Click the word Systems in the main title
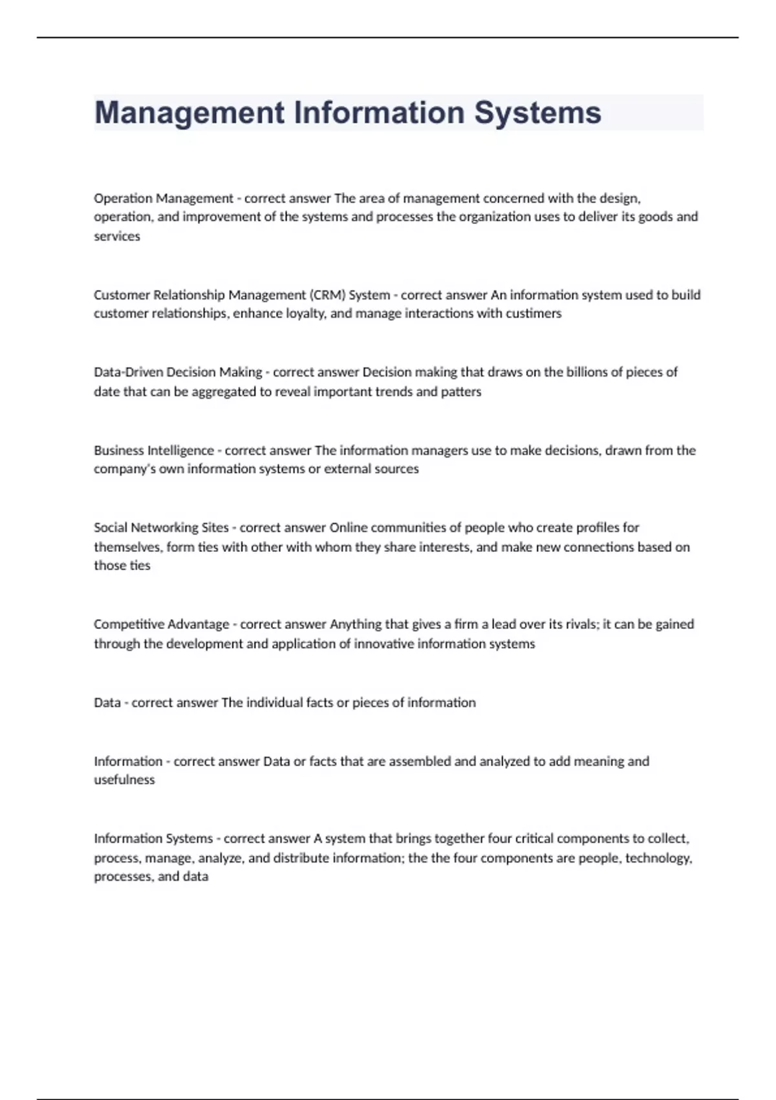(537, 113)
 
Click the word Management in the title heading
(189, 113)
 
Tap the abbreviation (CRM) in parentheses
(328, 295)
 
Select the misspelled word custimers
(533, 314)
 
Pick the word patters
(461, 391)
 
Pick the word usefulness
(124, 780)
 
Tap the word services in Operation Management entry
(117, 236)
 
